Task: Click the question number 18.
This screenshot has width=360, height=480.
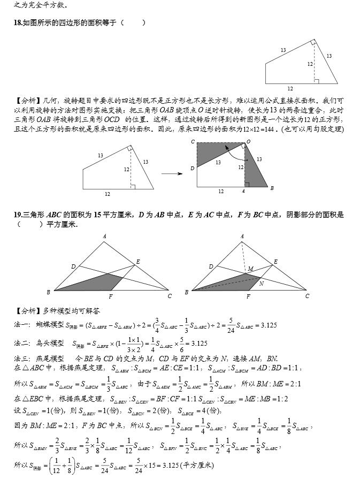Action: (18, 22)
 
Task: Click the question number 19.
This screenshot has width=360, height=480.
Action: (18, 215)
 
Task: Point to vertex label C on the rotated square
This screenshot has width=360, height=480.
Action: (193, 142)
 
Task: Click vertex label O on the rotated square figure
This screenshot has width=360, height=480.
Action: (248, 142)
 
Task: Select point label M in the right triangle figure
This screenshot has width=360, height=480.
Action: (250, 269)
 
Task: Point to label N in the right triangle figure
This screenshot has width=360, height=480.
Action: (261, 284)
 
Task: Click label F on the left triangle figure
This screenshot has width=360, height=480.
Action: (111, 296)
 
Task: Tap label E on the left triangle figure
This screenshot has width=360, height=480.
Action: (138, 261)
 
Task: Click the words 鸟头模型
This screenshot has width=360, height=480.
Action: (52, 343)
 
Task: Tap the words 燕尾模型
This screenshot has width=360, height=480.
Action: (52, 358)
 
